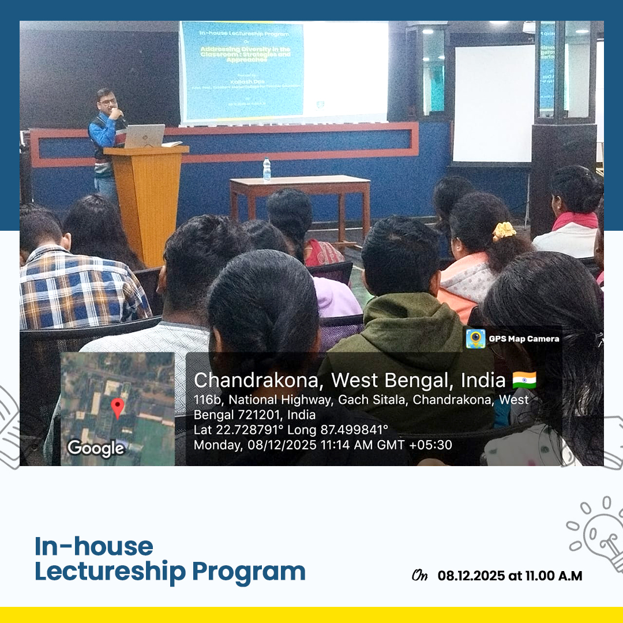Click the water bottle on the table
267,170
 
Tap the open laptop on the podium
145,136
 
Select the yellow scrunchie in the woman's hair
504,231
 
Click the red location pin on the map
118,407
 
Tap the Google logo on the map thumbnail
95,448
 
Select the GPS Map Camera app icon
475,339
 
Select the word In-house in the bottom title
94,546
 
